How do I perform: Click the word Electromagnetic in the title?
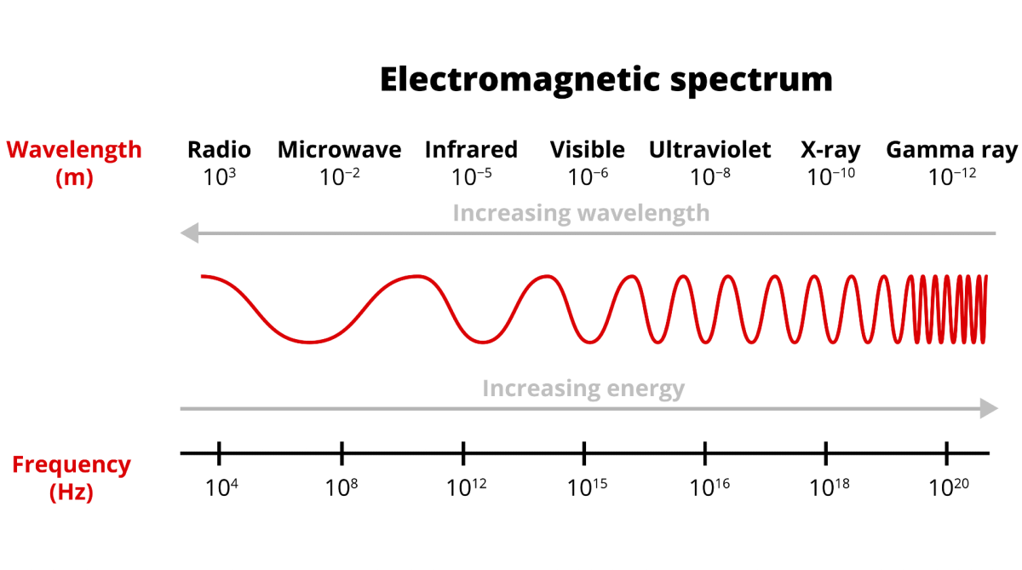520,81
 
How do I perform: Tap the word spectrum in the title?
751,82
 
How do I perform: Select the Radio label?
219,150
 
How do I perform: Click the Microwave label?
340,150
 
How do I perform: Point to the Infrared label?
471,150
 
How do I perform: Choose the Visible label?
587,150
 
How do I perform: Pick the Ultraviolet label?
710,150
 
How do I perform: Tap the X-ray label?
830,151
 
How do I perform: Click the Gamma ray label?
952,151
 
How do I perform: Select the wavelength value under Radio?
220,177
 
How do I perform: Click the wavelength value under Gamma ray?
952,177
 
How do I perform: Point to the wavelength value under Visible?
588,177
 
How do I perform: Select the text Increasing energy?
583,389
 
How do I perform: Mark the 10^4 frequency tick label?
221,488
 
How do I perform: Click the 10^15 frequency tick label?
587,488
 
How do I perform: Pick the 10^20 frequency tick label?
949,488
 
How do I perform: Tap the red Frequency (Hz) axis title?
72,478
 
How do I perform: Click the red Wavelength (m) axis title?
74,164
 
